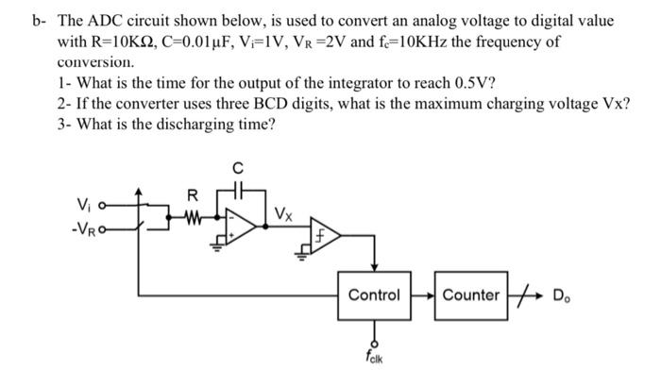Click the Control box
(375, 294)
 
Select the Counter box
(471, 294)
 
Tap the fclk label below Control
(375, 357)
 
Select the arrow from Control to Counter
(422, 294)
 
